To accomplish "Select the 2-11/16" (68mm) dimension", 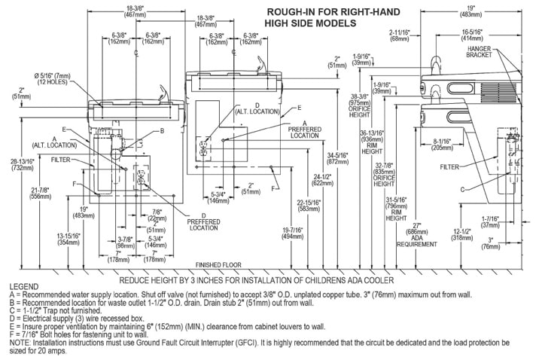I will (401, 35).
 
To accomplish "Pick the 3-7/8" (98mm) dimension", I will (125, 243).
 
